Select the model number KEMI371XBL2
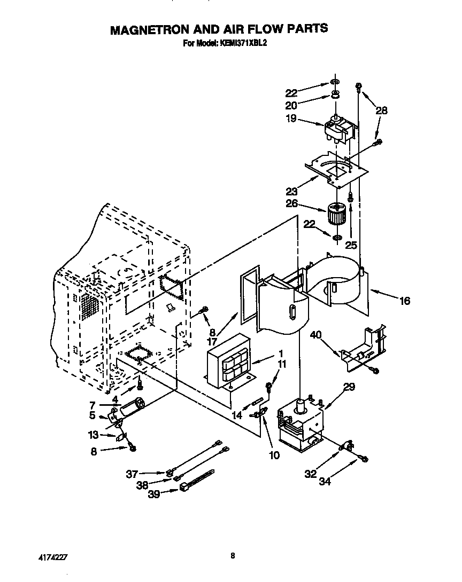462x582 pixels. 242,44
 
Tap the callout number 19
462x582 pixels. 291,119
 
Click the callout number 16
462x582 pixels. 404,302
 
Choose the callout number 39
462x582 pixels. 154,495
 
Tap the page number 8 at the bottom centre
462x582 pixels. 233,556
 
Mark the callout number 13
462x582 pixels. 94,435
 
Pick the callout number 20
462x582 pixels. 291,105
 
